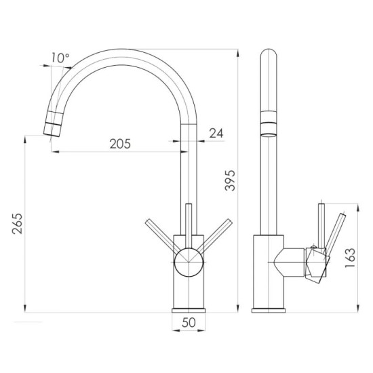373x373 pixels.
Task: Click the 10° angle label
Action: pos(60,58)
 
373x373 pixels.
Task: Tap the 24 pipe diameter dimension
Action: pos(216,134)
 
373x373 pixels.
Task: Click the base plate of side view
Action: pos(270,310)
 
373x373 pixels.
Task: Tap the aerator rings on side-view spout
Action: pos(269,125)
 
